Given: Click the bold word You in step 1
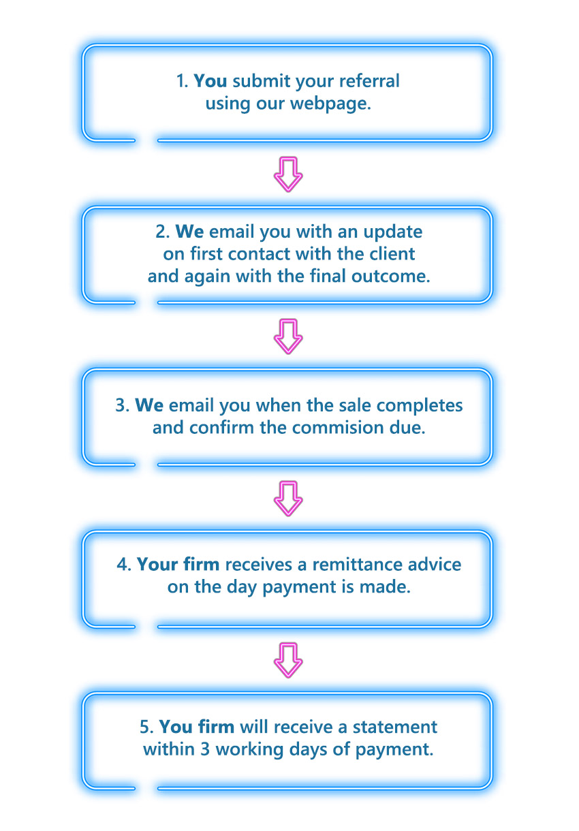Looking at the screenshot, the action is point(210,81).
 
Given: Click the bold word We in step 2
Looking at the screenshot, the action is point(189,232).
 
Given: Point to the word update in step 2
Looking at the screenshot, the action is point(393,232).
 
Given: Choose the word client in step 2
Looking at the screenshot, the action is point(393,254).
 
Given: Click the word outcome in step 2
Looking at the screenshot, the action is point(390,277).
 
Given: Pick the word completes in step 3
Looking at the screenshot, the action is point(420,406).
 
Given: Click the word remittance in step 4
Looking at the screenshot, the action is point(357,565).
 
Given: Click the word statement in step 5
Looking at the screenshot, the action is point(395,727).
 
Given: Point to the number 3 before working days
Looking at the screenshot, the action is point(205,749).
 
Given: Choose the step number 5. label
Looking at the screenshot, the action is point(146,727).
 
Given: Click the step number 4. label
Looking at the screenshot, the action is point(124,565).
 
